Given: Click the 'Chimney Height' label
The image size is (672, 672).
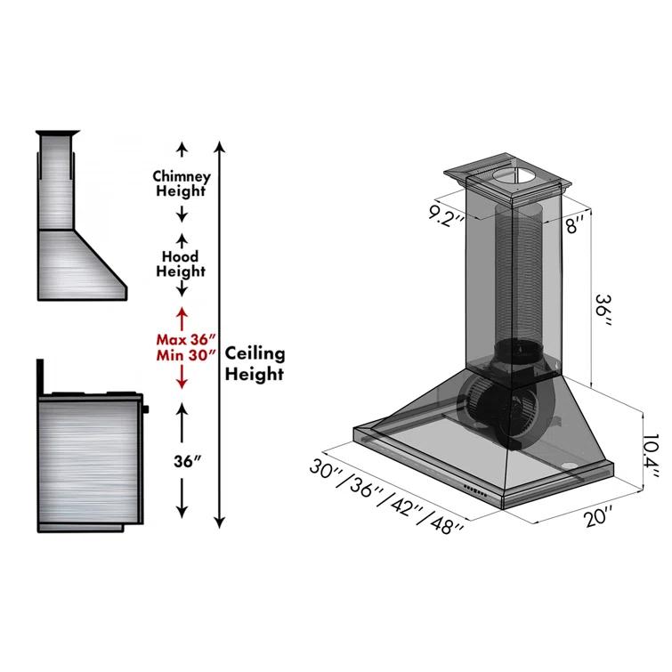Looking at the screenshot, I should click(x=181, y=183).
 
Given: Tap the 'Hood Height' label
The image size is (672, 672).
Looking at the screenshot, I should click(x=180, y=263).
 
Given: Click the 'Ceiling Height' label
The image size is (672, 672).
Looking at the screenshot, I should click(x=255, y=363).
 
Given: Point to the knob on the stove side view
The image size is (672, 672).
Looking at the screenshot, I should click(x=145, y=409).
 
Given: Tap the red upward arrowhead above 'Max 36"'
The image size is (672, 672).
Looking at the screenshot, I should click(x=182, y=312).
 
